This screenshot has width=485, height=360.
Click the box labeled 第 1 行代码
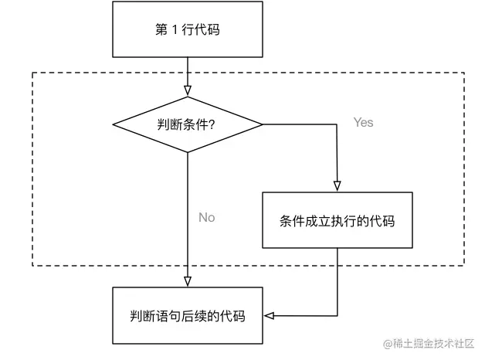(x=188, y=30)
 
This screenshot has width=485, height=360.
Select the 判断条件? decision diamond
(x=188, y=124)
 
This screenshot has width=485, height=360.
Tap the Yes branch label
(x=363, y=122)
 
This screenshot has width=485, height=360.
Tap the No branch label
(x=206, y=217)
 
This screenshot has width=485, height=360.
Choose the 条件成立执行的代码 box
(x=337, y=220)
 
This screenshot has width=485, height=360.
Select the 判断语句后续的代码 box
(x=188, y=315)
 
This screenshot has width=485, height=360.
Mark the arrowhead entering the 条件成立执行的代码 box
(x=337, y=186)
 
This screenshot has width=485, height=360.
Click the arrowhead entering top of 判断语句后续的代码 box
(x=188, y=281)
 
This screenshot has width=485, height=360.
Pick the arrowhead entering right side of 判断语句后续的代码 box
(x=269, y=315)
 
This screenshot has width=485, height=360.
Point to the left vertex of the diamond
(x=114, y=124)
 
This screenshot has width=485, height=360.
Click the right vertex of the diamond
(x=263, y=124)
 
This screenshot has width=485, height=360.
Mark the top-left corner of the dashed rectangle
(x=32, y=73)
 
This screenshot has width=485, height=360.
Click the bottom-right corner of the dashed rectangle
(x=464, y=266)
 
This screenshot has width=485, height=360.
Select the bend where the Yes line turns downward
(x=337, y=124)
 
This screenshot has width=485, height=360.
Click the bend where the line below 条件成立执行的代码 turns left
(x=337, y=315)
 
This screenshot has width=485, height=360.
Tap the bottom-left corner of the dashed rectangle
(x=32, y=266)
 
